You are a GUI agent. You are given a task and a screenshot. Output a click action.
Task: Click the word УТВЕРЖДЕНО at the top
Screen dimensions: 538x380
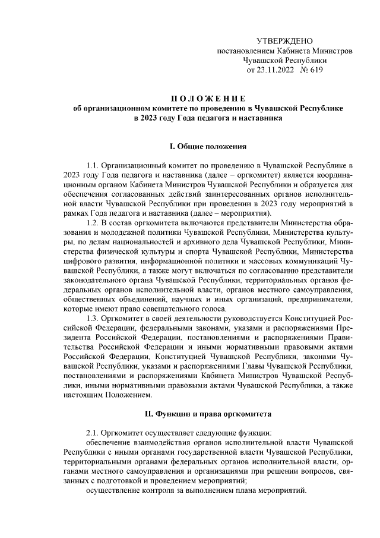pyautogui.click(x=284, y=41)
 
